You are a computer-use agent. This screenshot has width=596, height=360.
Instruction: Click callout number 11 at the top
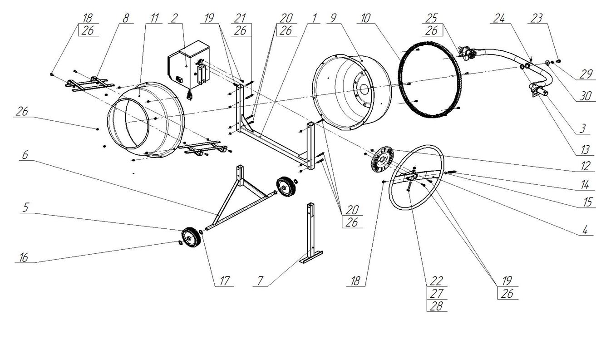pyautogui.click(x=154, y=18)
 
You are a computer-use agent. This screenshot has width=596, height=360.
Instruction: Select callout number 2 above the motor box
pyautogui.click(x=174, y=18)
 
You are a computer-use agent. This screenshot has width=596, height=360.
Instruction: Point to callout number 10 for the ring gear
pyautogui.click(x=365, y=18)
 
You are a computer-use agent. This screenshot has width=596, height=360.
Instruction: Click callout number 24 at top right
pyautogui.click(x=499, y=18)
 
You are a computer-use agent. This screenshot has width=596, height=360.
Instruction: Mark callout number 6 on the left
pyautogui.click(x=25, y=155)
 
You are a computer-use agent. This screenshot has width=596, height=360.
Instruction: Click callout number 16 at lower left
pyautogui.click(x=23, y=258)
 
